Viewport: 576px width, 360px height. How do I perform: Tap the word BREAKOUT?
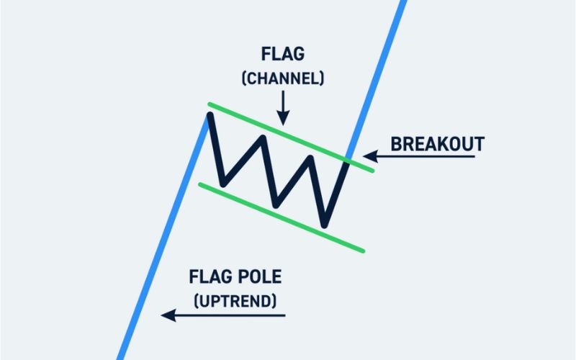[x=437, y=143]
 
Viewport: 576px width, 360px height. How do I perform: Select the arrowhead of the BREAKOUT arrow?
[x=369, y=156]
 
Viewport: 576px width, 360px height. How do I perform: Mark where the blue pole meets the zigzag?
[x=209, y=117]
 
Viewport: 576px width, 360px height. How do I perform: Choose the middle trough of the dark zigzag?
[x=276, y=199]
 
